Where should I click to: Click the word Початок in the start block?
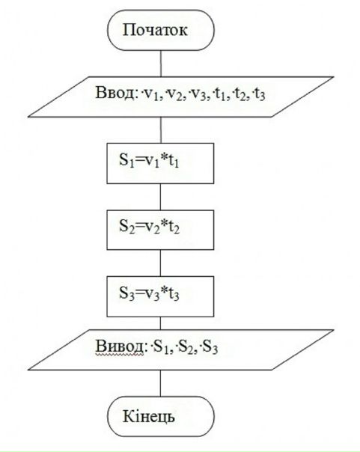tap(155, 30)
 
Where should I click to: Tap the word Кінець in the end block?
tap(149, 417)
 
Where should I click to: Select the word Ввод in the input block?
tap(115, 93)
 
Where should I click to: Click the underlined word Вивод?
tap(119, 346)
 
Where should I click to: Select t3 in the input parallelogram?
tap(260, 94)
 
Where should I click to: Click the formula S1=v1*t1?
tap(149, 160)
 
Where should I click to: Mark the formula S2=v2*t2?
tap(149, 227)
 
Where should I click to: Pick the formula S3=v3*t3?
tap(149, 293)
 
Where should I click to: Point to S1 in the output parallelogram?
tap(162, 347)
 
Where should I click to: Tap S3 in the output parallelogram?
tap(210, 347)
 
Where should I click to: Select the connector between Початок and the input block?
tap(161, 64)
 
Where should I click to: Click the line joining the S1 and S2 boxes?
tap(161, 197)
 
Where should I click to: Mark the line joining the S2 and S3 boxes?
tap(161, 263)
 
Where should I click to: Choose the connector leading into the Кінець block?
tap(161, 383)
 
